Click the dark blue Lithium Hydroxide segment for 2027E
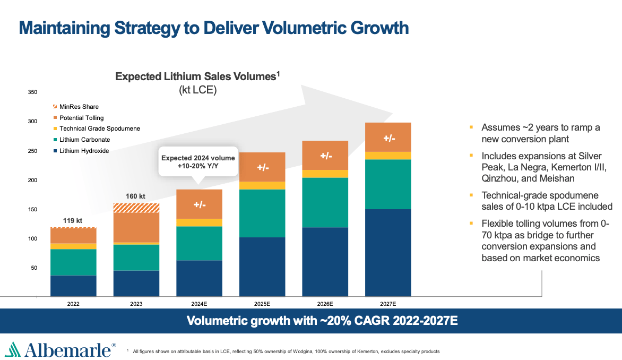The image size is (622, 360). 388,252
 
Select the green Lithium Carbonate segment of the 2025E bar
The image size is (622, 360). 262,213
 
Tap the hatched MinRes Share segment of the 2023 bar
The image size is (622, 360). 136,208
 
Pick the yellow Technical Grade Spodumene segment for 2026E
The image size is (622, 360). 325,174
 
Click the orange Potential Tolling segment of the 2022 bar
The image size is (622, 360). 73,236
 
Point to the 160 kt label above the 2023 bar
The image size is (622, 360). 135,196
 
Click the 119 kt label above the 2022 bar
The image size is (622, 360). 73,220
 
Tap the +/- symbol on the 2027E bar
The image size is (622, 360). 389,138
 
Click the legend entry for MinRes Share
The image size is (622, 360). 79,107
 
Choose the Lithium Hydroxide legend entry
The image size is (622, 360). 84,151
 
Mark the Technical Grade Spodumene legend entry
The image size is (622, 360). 99,128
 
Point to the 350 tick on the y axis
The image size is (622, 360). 32,92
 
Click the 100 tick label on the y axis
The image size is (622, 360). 32,239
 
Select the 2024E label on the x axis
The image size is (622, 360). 199,304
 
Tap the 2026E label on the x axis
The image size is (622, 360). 325,304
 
